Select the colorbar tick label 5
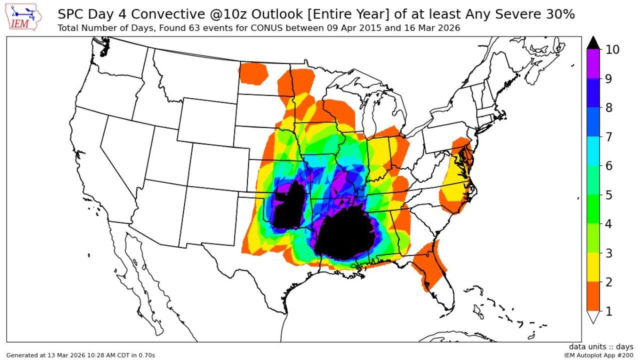(x=609, y=195)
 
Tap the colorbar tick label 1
(x=609, y=311)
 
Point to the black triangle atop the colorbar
(x=593, y=43)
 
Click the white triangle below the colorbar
(x=593, y=317)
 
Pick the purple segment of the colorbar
(x=593, y=64)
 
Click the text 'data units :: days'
(x=600, y=346)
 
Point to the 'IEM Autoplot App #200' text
(x=598, y=355)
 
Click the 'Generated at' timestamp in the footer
(x=80, y=355)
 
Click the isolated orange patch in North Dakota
(x=253, y=73)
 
